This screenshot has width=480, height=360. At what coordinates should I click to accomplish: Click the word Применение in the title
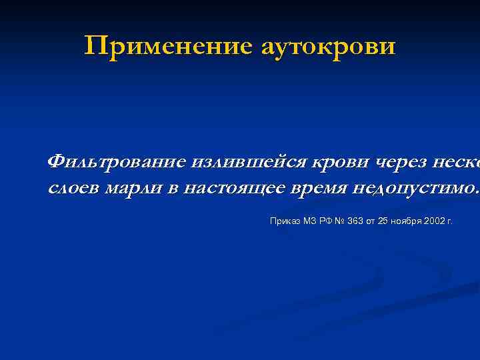[x=169, y=46]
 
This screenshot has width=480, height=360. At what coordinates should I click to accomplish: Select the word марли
[x=134, y=170]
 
